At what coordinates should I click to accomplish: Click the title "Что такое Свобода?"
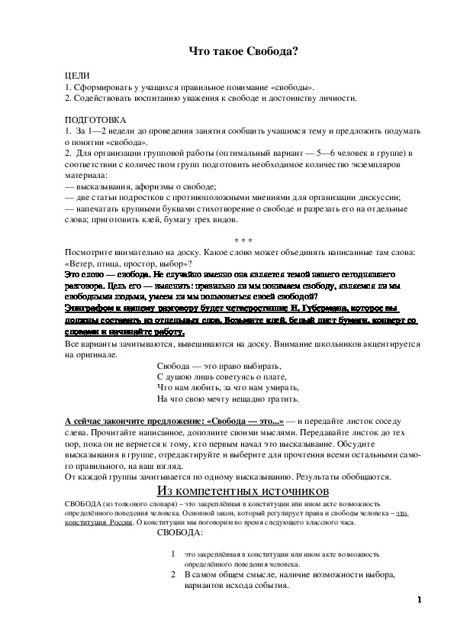[243, 51]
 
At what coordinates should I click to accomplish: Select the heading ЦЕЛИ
[77, 76]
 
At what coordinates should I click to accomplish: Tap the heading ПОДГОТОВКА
[95, 120]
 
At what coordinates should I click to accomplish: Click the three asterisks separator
[243, 240]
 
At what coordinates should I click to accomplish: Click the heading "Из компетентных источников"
[243, 490]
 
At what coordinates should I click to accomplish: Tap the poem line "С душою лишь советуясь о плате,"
[221, 377]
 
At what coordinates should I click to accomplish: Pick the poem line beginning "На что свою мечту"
[227, 399]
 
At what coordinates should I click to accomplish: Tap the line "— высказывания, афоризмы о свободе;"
[141, 186]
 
